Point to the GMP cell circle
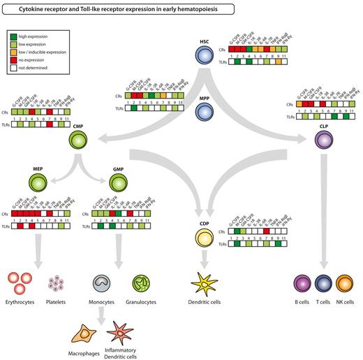click(x=118, y=185)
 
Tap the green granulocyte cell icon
click(x=144, y=284)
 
